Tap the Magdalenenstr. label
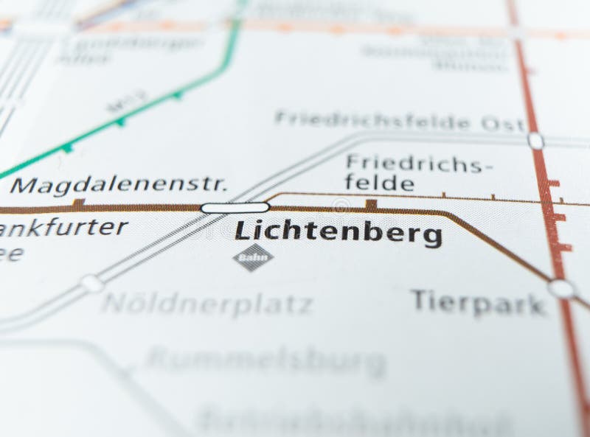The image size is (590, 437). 119,185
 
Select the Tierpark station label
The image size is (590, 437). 479,302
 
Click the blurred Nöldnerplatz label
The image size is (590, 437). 207,304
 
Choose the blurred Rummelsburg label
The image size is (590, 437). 266,361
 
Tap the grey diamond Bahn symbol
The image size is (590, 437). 253,257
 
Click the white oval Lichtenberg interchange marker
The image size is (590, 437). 235,208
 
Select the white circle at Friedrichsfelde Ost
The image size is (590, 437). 535,140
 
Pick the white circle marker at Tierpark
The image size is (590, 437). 562,288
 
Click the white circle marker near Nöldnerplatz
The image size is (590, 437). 92,283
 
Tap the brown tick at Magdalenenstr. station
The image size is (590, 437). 78,203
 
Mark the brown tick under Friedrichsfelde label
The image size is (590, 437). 371,203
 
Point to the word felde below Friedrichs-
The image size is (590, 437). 380,183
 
